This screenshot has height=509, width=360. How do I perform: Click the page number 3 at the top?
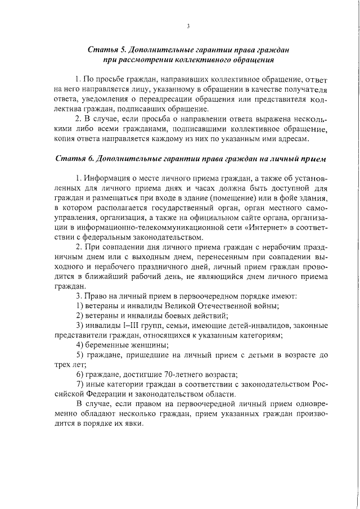coord(188,25)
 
